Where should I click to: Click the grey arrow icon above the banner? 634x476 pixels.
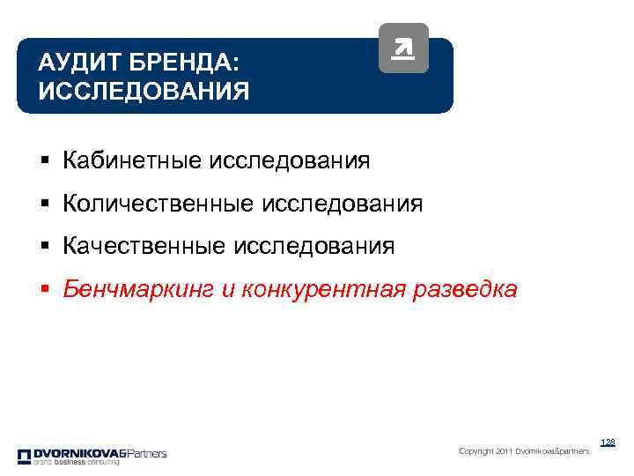pyautogui.click(x=403, y=48)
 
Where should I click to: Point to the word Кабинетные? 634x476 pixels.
pyautogui.click(x=132, y=161)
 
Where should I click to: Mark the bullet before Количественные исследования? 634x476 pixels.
pyautogui.click(x=43, y=205)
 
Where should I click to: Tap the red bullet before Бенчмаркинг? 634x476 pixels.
pyautogui.click(x=43, y=290)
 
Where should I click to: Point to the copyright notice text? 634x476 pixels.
pyautogui.click(x=524, y=451)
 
